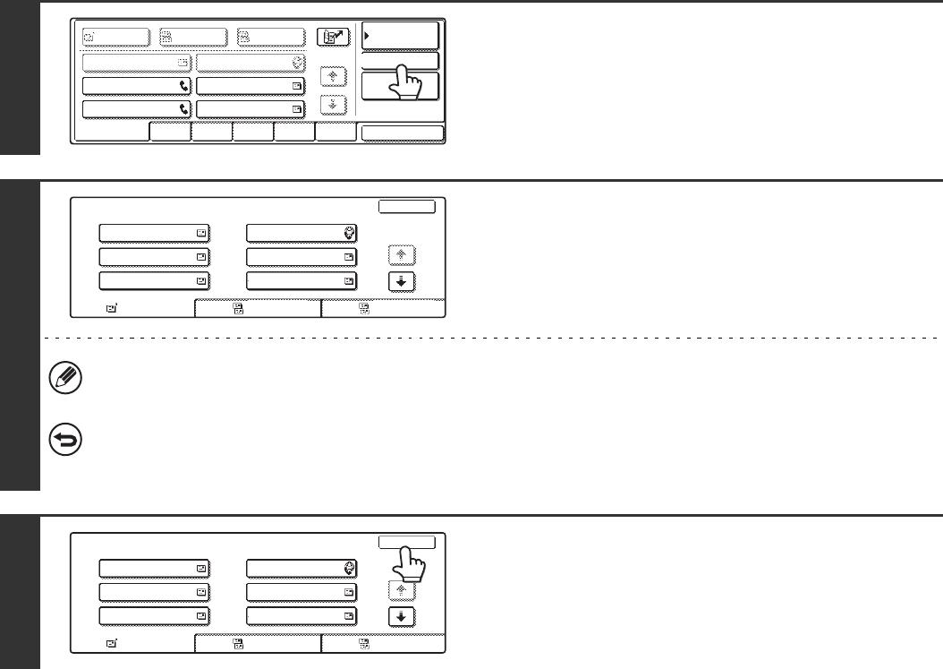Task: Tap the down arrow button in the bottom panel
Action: (402, 615)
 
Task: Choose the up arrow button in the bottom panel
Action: (402, 591)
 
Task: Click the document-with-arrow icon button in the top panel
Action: (333, 37)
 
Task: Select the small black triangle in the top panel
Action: (367, 37)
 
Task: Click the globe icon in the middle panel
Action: (349, 234)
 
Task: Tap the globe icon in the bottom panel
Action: (349, 568)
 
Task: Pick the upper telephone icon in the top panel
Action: (183, 86)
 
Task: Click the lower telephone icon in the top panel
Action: (183, 109)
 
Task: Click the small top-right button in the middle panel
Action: (407, 207)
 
